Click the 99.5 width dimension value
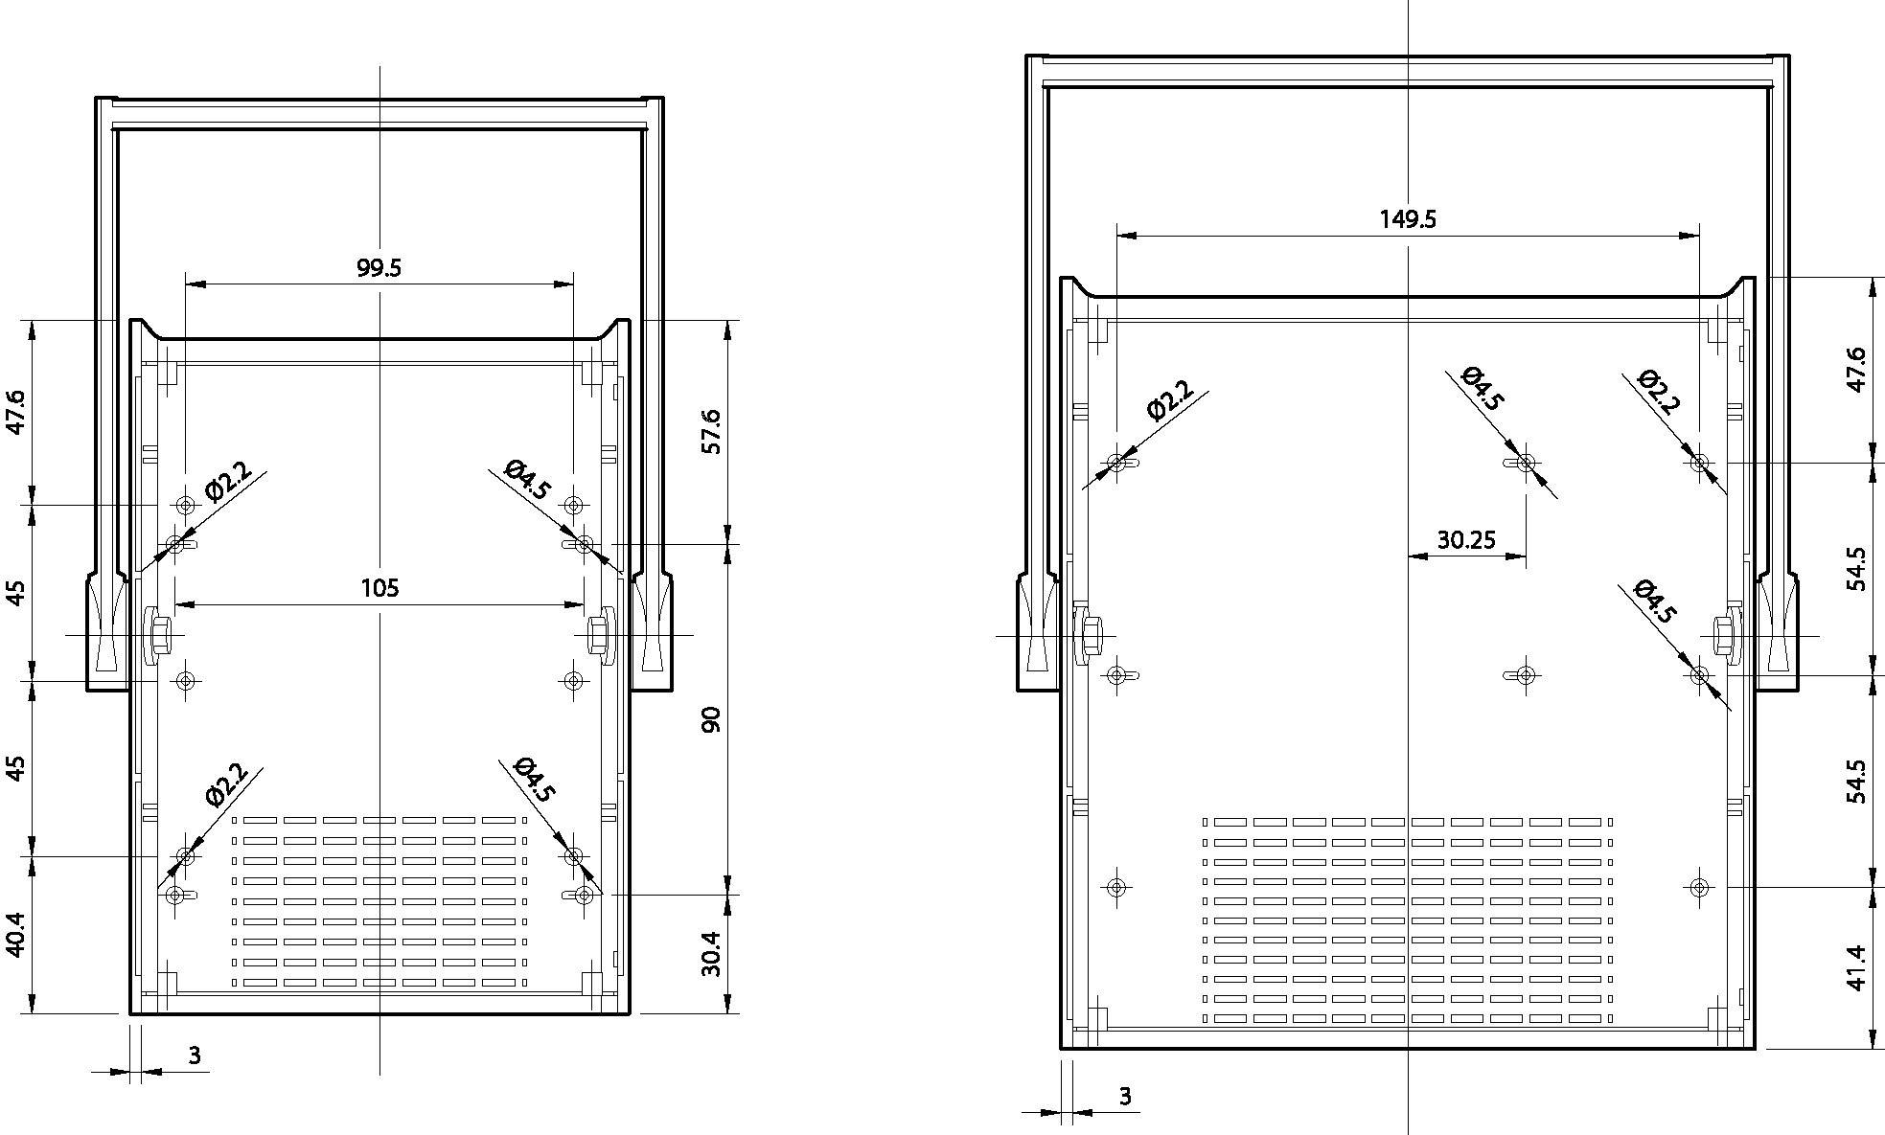[379, 267]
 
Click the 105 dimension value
[379, 587]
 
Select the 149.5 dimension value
[1408, 219]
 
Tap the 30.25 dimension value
[1465, 540]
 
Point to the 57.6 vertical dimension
[710, 431]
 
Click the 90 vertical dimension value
[710, 719]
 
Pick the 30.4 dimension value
[710, 953]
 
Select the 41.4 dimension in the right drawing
[1856, 967]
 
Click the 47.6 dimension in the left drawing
[16, 412]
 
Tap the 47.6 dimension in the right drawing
[1856, 370]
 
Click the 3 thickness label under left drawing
[195, 1056]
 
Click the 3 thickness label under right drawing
[1125, 1096]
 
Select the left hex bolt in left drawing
[158, 634]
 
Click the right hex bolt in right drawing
[1724, 634]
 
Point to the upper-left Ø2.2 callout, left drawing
[228, 482]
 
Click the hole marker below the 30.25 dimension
[1527, 675]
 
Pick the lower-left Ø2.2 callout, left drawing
[227, 783]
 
